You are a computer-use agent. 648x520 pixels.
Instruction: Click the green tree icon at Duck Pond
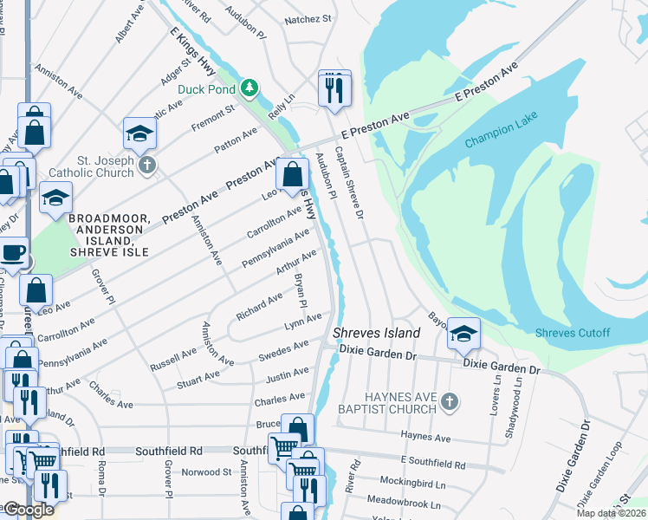[249, 88]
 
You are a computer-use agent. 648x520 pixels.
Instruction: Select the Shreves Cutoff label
[573, 334]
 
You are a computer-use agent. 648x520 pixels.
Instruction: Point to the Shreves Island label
[377, 333]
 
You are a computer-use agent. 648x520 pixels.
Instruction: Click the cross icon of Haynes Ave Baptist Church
[448, 400]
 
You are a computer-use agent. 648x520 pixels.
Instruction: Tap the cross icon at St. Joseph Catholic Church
[147, 165]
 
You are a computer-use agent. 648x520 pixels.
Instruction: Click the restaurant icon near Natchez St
[334, 88]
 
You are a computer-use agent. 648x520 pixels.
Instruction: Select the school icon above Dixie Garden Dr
[464, 334]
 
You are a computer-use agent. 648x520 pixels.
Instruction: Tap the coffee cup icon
[12, 253]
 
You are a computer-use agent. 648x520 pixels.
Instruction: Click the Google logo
[29, 510]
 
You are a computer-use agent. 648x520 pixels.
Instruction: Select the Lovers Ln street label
[495, 394]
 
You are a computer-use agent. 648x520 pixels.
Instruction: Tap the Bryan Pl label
[300, 291]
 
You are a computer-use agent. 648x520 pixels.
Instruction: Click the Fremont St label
[213, 118]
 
